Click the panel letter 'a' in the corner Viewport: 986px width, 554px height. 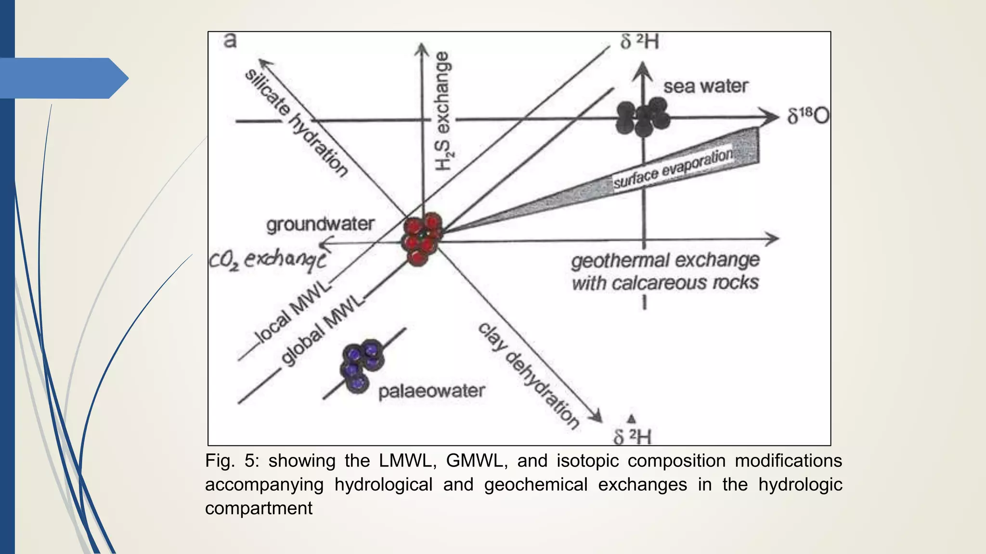click(x=230, y=41)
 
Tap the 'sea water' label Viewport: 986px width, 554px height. click(x=705, y=87)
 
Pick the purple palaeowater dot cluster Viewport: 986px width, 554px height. click(x=362, y=365)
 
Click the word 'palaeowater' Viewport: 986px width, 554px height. click(x=431, y=391)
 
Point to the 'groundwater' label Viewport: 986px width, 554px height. click(x=320, y=224)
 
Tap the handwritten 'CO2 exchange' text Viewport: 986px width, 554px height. click(x=268, y=261)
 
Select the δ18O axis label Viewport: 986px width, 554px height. click(x=808, y=116)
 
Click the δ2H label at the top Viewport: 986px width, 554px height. click(x=639, y=42)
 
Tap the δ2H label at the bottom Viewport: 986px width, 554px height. click(x=632, y=437)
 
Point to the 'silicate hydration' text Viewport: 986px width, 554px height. click(x=296, y=123)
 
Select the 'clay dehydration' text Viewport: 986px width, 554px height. click(x=528, y=376)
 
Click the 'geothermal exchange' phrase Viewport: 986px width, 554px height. click(x=665, y=260)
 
